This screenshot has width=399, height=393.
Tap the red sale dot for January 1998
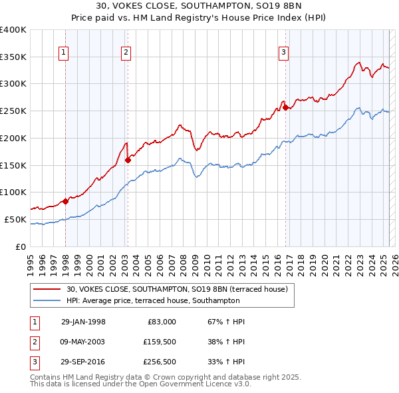tap(66, 201)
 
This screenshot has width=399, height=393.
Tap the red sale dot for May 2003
tap(128, 160)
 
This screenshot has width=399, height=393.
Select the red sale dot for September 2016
tap(285, 107)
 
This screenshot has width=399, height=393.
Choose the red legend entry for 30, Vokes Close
tap(176, 289)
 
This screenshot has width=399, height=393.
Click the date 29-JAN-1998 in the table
tap(83, 322)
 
